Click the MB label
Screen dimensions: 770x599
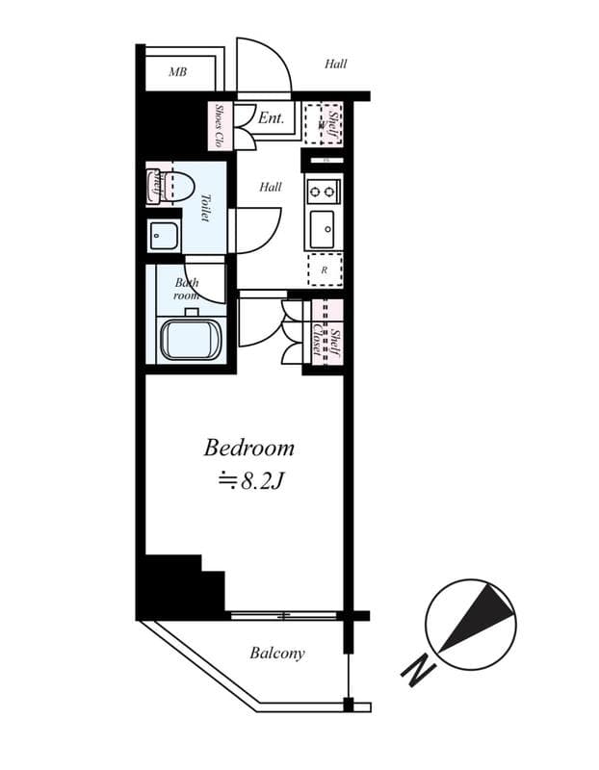click(x=177, y=72)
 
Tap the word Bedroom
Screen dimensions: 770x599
click(x=248, y=449)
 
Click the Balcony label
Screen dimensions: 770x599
click(x=277, y=654)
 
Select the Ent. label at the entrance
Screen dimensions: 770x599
click(x=271, y=119)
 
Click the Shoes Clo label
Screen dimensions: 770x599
click(x=220, y=125)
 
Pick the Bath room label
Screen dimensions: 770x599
click(x=186, y=290)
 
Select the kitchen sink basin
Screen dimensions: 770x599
click(x=323, y=229)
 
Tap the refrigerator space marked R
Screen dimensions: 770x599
click(x=325, y=270)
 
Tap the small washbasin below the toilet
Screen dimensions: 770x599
click(x=163, y=234)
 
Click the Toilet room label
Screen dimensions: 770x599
click(x=205, y=207)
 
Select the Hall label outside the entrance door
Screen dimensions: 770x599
click(x=335, y=64)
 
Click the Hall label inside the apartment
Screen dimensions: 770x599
click(x=271, y=187)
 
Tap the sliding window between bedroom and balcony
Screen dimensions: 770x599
click(x=284, y=614)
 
